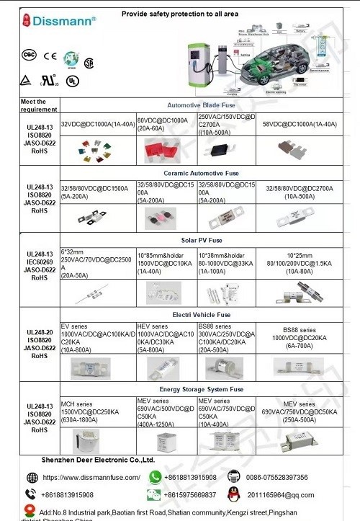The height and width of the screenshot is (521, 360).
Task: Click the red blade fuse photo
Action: (163, 150)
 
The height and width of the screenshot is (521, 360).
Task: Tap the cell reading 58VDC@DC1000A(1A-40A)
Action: (300, 124)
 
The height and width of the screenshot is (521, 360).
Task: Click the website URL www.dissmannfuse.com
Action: (91, 477)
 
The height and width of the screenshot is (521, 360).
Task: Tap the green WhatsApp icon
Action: (155, 477)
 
